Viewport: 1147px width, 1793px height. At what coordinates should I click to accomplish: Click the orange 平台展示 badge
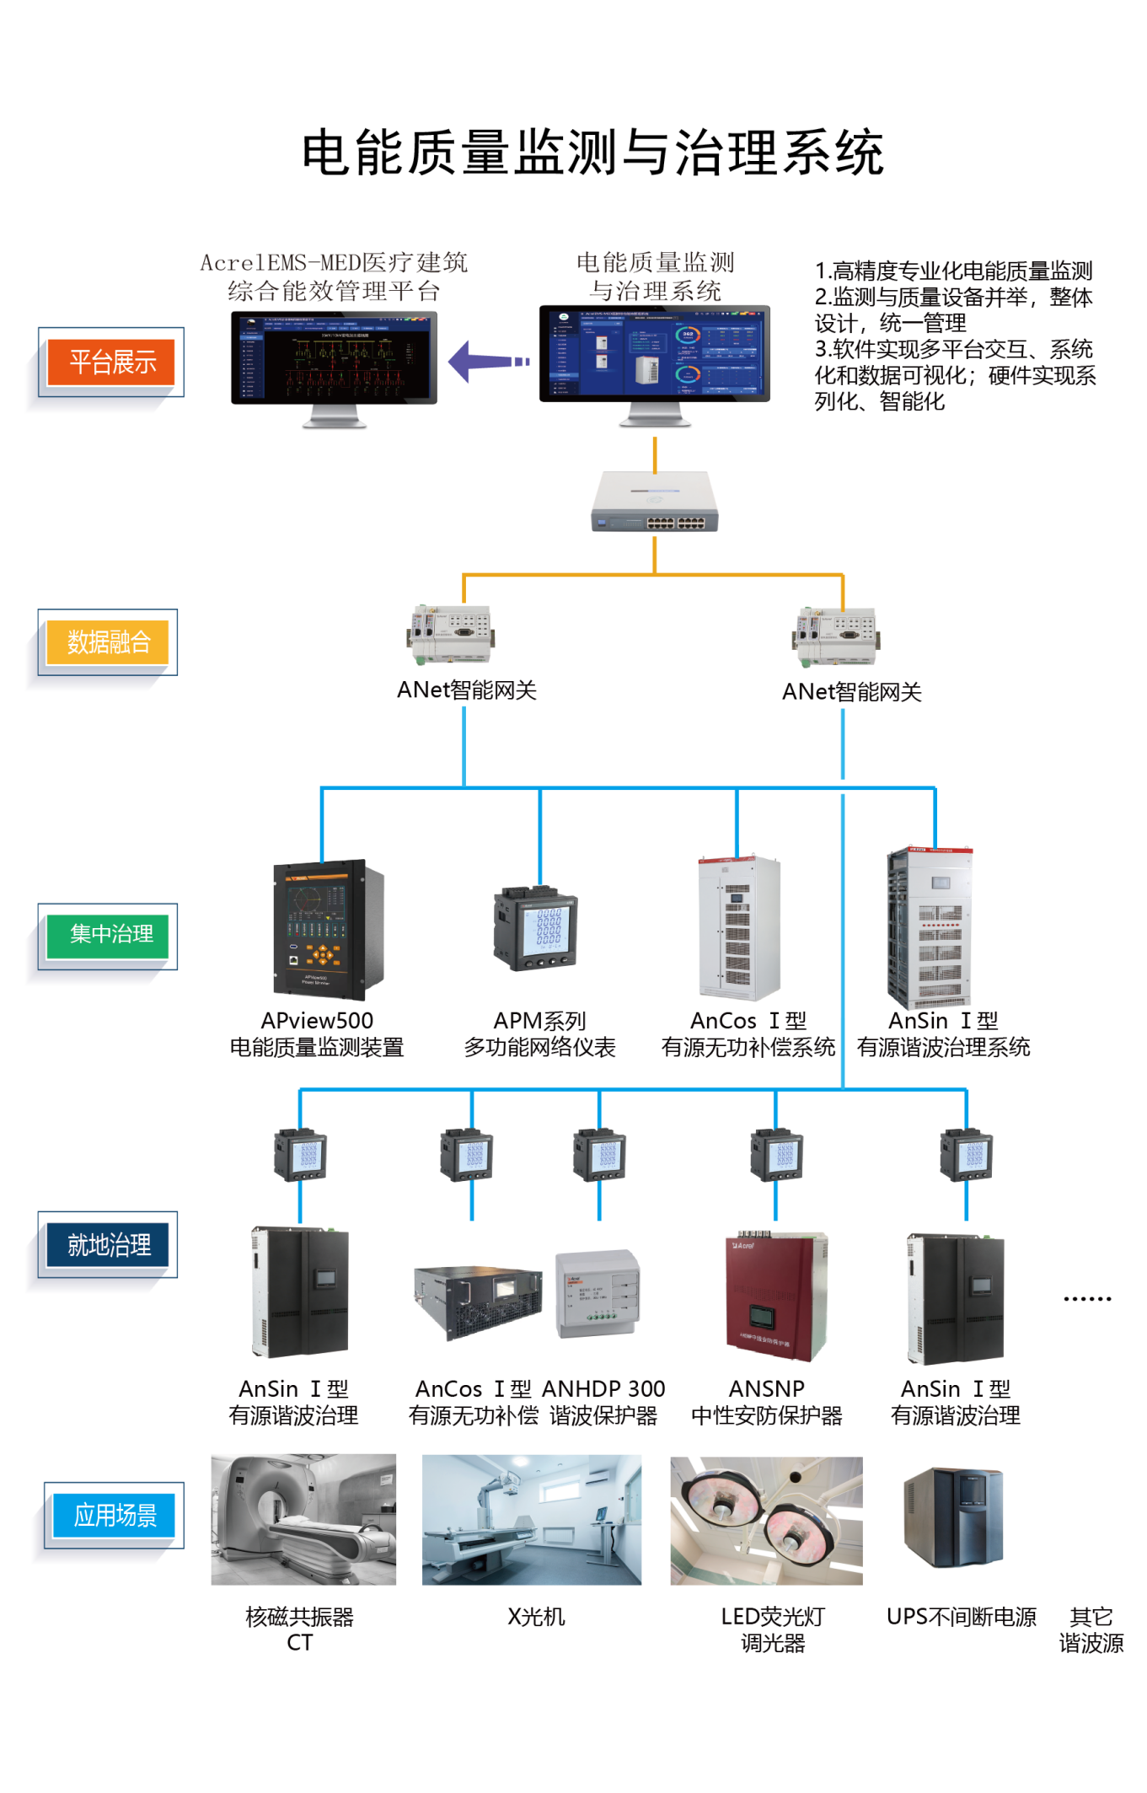click(111, 362)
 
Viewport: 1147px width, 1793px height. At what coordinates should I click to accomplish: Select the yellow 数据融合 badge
click(108, 642)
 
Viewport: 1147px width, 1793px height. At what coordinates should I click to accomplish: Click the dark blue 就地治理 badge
click(108, 1245)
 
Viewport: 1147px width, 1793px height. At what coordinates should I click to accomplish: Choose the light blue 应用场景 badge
click(115, 1516)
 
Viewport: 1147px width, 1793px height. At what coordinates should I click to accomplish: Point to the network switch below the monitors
click(654, 502)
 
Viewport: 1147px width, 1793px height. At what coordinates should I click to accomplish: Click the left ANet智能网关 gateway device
click(451, 634)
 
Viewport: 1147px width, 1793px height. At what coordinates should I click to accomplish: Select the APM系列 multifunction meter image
click(536, 928)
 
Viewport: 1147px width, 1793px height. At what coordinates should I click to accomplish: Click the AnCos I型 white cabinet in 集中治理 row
click(739, 927)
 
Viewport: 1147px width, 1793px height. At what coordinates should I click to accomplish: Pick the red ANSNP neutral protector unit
click(776, 1296)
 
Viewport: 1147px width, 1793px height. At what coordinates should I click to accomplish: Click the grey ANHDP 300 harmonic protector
click(598, 1294)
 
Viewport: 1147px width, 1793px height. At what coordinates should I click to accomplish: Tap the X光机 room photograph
click(532, 1519)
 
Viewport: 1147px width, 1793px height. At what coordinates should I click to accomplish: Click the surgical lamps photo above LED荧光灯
click(766, 1521)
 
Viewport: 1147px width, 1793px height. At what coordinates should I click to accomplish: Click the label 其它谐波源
click(1091, 1629)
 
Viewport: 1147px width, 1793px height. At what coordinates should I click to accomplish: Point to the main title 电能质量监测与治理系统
click(592, 153)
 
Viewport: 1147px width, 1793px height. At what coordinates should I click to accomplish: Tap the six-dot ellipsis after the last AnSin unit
click(1087, 1299)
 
